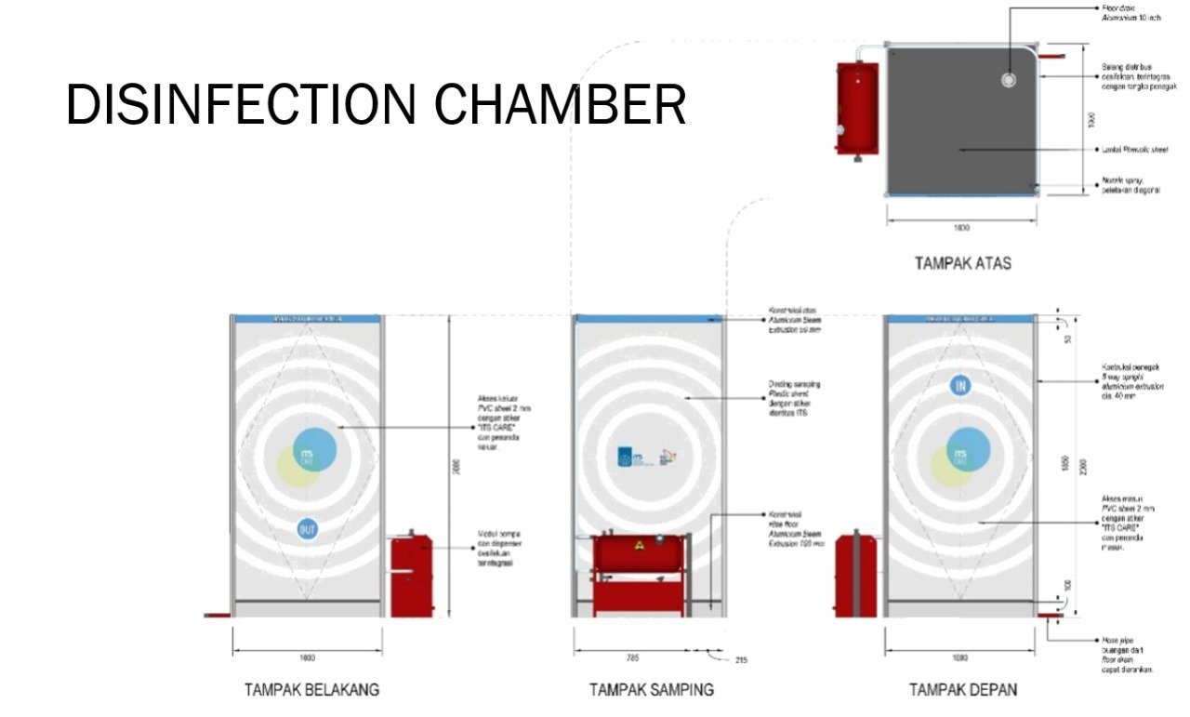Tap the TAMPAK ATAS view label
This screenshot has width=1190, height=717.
pos(962,263)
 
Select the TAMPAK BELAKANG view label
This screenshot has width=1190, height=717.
pos(312,690)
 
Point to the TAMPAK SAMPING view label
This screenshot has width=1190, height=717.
pos(651,690)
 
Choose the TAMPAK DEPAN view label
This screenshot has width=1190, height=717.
pos(963,690)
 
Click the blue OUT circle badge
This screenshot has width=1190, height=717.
pos(308,530)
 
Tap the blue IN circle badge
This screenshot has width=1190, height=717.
pos(960,385)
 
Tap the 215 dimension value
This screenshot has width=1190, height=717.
pos(740,660)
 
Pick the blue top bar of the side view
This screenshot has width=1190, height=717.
pos(649,318)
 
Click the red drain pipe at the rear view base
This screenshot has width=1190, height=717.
pos(217,615)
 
